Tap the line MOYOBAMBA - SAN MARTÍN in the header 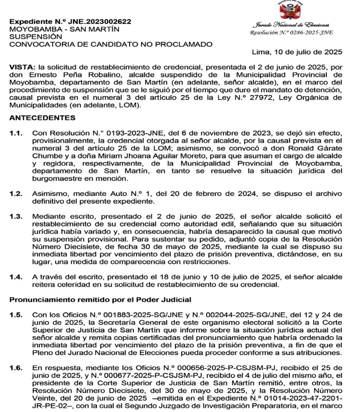pos(64,29)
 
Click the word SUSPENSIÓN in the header pos(35,36)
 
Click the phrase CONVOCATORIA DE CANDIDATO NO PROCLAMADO pos(110,44)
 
